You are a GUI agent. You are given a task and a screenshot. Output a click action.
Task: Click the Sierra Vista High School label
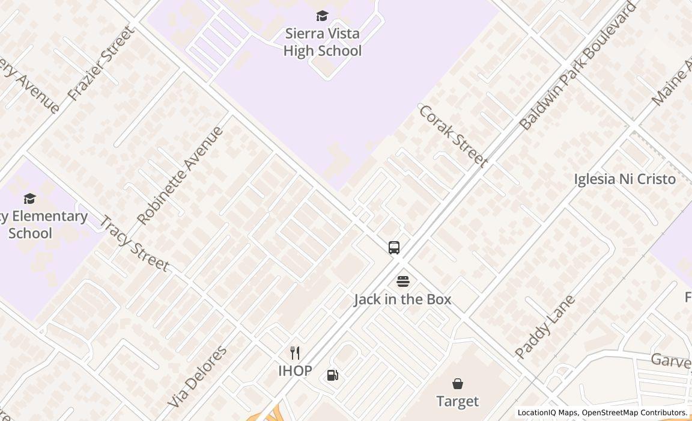point(323,42)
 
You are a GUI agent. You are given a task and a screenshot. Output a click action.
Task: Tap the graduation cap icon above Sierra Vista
point(323,16)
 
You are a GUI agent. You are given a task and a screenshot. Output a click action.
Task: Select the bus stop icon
point(394,248)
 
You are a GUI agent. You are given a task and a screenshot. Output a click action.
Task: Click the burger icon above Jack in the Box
point(402,281)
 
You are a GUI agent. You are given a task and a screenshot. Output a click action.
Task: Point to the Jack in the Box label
point(402,299)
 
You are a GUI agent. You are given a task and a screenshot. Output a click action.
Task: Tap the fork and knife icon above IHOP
point(295,353)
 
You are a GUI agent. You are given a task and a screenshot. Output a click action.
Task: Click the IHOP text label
point(295,370)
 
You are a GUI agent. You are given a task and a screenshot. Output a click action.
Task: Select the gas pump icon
point(332,375)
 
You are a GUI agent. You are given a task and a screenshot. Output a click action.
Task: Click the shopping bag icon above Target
point(458,384)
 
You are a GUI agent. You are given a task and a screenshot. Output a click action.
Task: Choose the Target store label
point(458,401)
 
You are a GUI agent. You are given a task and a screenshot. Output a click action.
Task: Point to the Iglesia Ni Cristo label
point(625,179)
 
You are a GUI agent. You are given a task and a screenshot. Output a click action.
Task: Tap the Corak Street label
point(452,136)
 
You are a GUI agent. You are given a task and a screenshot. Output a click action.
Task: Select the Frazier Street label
point(101,63)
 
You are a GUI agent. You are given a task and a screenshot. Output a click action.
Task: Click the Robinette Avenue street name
point(180,175)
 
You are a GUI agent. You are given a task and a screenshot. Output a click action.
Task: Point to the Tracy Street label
point(133,244)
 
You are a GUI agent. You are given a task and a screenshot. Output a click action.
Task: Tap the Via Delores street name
point(198,376)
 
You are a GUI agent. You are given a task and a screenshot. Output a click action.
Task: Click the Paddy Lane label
point(545,327)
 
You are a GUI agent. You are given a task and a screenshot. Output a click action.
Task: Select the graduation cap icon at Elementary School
point(29,198)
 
